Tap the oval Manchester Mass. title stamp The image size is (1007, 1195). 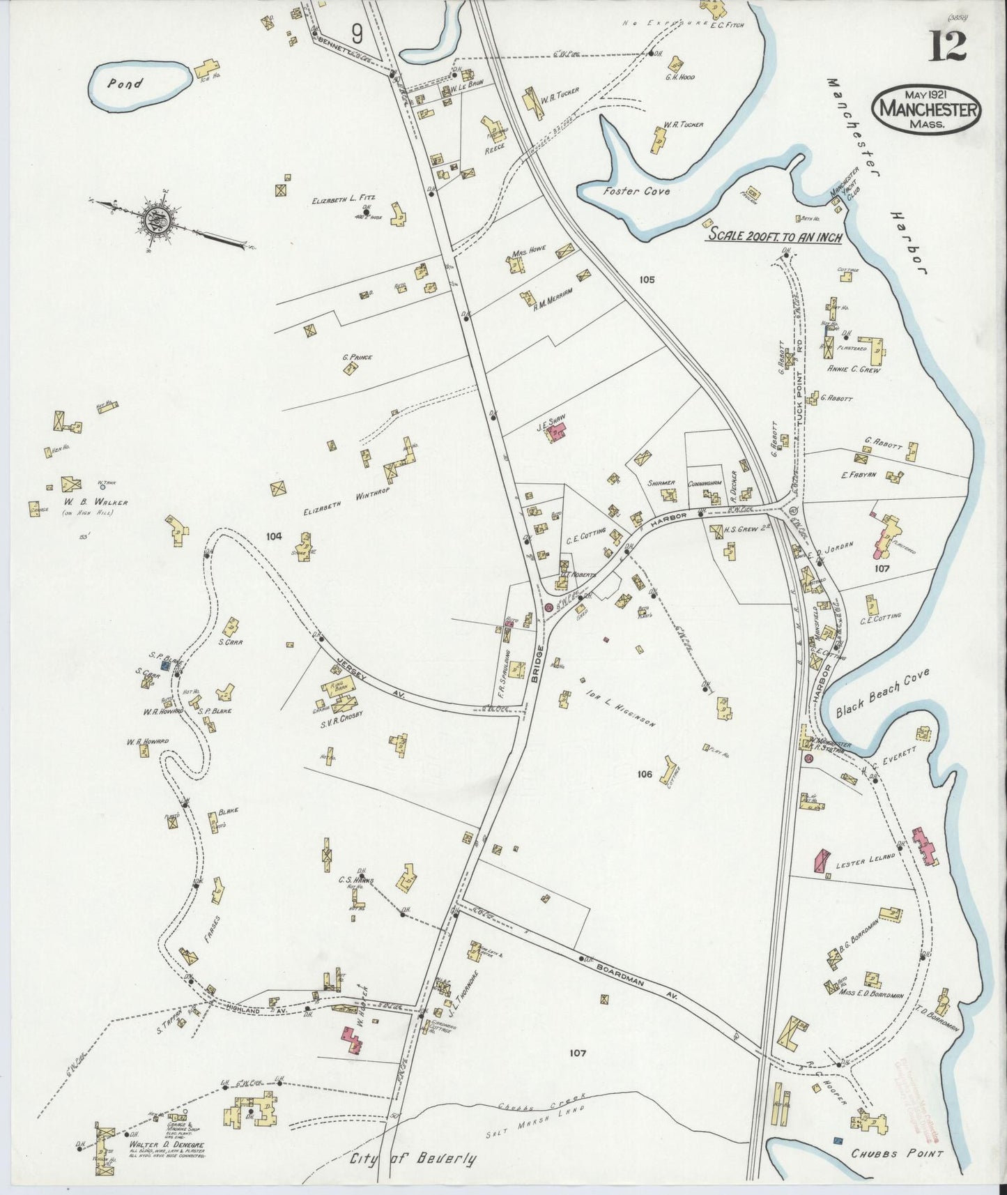tap(926, 109)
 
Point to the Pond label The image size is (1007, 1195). tap(125, 84)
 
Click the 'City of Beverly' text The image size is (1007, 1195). tap(413, 1159)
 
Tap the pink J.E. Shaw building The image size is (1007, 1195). tap(558, 433)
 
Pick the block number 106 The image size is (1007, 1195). tap(644, 774)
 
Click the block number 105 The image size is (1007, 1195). tap(646, 280)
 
